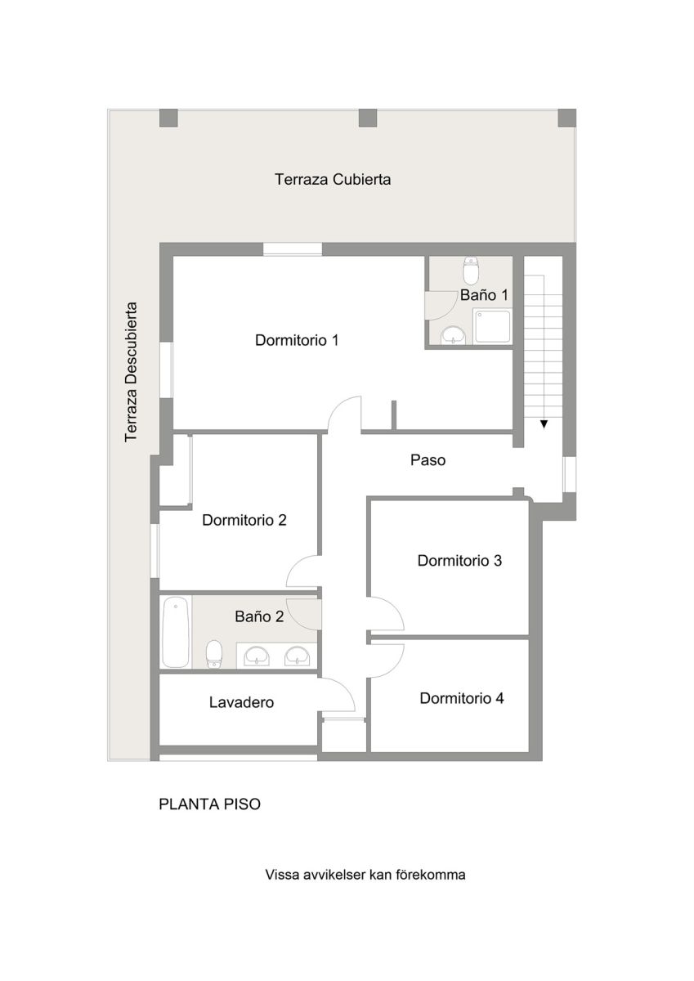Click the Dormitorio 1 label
pyautogui.click(x=297, y=340)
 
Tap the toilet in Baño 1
pyautogui.click(x=471, y=271)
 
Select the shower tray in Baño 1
pyautogui.click(x=493, y=326)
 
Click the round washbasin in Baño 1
pyautogui.click(x=454, y=335)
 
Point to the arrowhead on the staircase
pyautogui.click(x=544, y=424)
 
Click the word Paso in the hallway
pyautogui.click(x=428, y=459)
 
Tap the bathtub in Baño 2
pyautogui.click(x=176, y=632)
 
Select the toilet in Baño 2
pyautogui.click(x=214, y=654)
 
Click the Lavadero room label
pyautogui.click(x=241, y=702)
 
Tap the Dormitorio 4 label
pyautogui.click(x=462, y=698)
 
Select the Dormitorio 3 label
pyautogui.click(x=459, y=561)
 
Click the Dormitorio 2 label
pyautogui.click(x=244, y=520)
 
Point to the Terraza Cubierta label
pyautogui.click(x=333, y=180)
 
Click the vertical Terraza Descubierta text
pyautogui.click(x=131, y=372)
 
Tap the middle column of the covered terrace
pyautogui.click(x=368, y=118)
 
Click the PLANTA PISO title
pyautogui.click(x=209, y=804)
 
